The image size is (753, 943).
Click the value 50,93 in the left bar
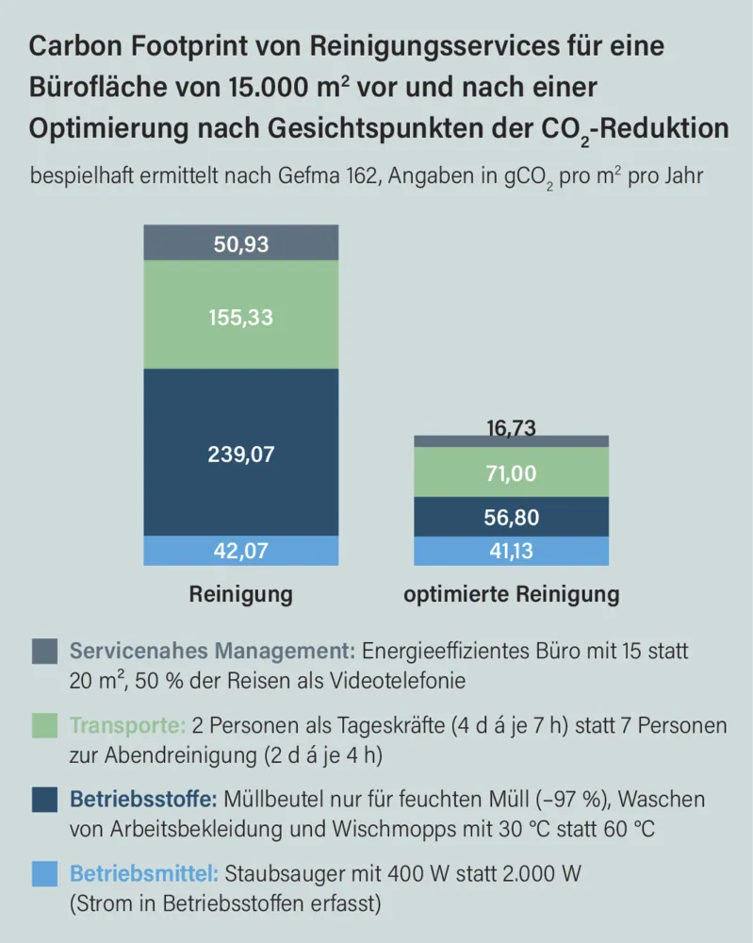tap(241, 245)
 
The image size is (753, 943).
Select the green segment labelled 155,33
tap(241, 317)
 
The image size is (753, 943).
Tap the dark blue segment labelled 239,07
tap(241, 454)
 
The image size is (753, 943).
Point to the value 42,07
tap(241, 551)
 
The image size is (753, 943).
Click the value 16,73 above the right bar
tap(512, 428)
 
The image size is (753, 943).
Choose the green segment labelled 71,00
tap(512, 473)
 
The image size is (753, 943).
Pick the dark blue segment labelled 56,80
tap(512, 517)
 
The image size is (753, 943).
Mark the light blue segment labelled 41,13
tap(512, 551)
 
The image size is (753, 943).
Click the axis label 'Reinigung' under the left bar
tap(241, 594)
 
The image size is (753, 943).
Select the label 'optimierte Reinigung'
tap(512, 594)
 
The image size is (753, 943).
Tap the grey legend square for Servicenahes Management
tap(44, 651)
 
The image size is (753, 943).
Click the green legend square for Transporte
tap(44, 725)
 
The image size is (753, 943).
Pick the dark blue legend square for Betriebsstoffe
tap(44, 800)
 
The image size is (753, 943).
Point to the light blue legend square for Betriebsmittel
tap(44, 874)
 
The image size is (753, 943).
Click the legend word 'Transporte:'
tap(127, 725)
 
